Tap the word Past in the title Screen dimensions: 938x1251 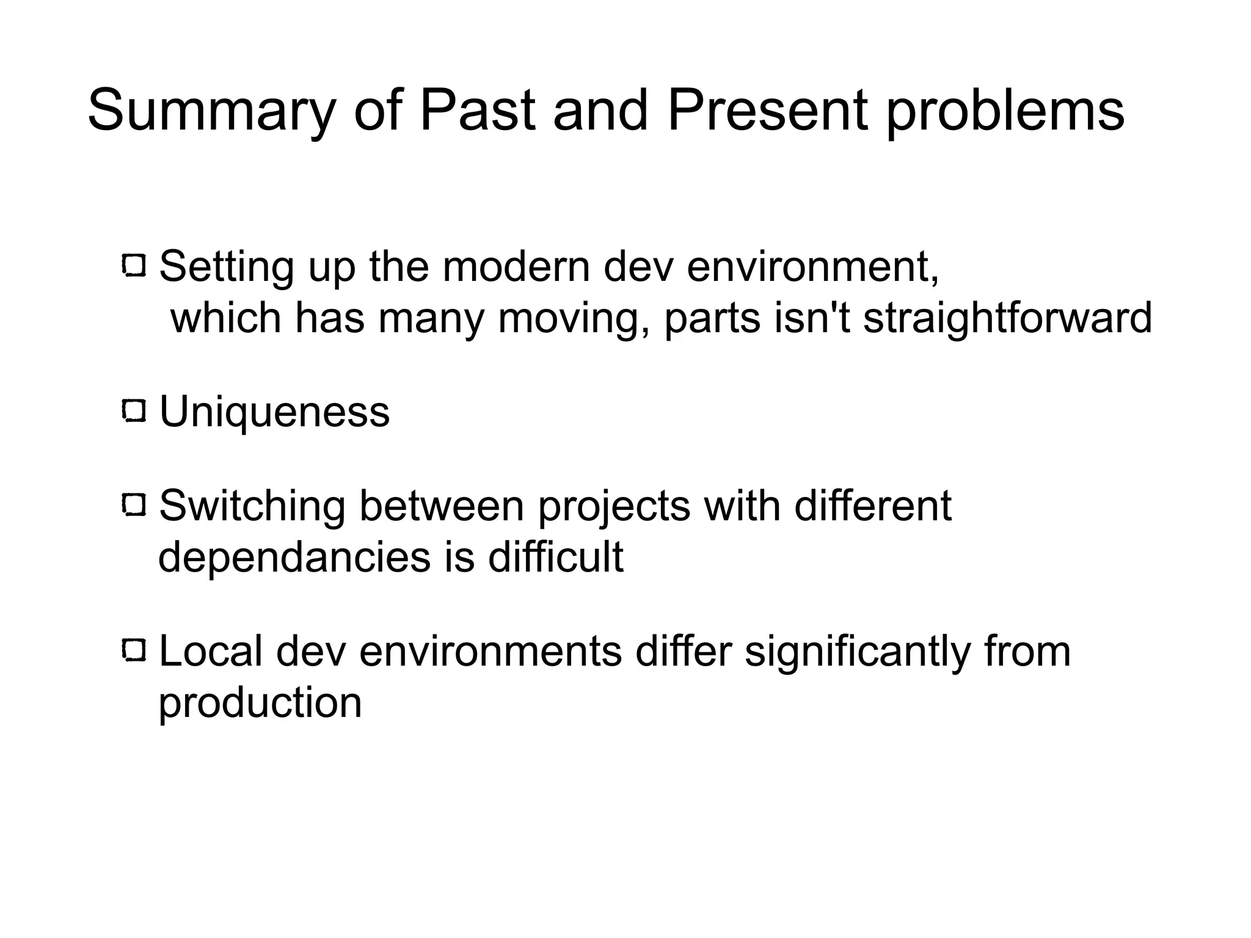(478, 111)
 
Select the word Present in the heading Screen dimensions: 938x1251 (767, 111)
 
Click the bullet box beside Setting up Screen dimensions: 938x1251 (134, 266)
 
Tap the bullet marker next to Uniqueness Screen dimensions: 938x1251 (134, 411)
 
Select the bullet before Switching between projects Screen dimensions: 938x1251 (134, 505)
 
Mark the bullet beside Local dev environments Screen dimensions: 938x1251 (134, 650)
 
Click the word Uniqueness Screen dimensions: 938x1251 (274, 412)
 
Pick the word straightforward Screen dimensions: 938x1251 (1007, 318)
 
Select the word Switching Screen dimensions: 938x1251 (252, 507)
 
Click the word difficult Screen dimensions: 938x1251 (555, 556)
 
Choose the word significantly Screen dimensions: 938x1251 (857, 652)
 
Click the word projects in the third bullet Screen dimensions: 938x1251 (614, 507)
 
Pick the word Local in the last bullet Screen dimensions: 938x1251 (211, 651)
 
